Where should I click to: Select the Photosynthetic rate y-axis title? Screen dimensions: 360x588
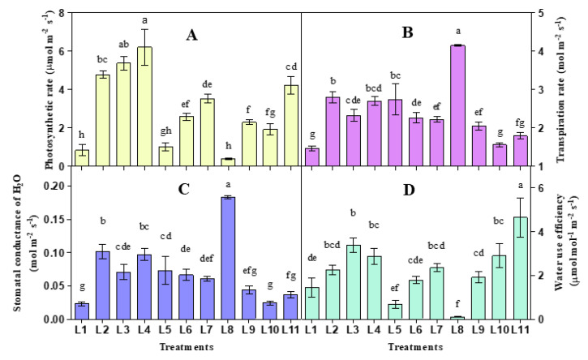point(32,85)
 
